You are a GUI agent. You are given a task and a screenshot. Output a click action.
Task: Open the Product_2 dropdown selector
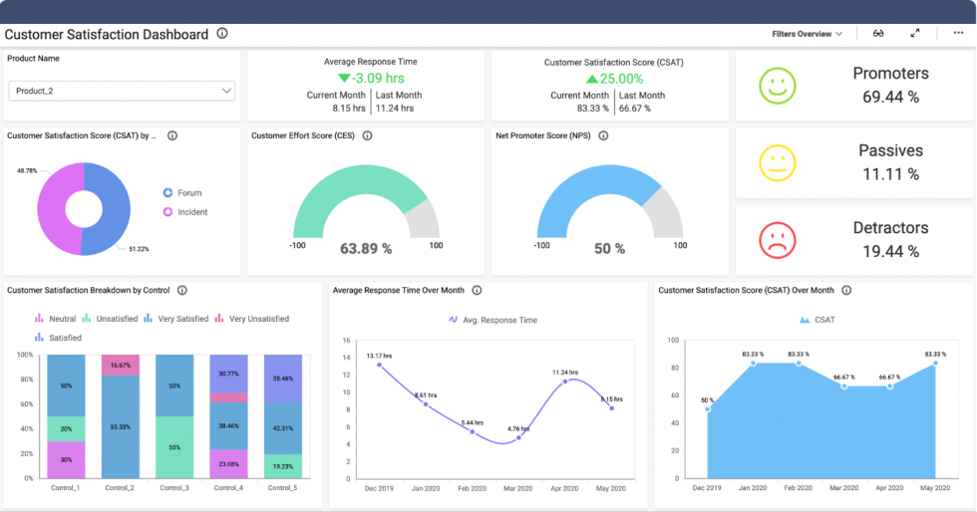[x=122, y=91]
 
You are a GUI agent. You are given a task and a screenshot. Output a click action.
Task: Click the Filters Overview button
[x=807, y=34]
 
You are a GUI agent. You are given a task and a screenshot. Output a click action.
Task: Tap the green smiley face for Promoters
[x=778, y=86]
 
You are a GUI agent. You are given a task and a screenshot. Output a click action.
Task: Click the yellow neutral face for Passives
[x=778, y=163]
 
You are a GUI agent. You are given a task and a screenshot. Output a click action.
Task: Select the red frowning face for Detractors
[x=778, y=240]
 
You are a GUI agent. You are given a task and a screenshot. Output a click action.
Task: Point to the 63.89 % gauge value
[x=366, y=248]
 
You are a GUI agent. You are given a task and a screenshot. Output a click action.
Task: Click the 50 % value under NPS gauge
[x=609, y=249]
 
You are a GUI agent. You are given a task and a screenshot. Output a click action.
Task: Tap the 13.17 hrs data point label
[x=380, y=356]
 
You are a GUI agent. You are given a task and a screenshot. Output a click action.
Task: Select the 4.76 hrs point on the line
[x=518, y=437]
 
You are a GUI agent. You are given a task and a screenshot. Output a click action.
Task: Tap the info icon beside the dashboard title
[x=222, y=34]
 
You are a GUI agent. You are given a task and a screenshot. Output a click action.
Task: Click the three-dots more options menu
[x=958, y=34]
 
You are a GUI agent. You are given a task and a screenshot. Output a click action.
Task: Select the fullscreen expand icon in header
[x=915, y=34]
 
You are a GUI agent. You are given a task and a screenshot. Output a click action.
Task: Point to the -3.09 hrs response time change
[x=370, y=78]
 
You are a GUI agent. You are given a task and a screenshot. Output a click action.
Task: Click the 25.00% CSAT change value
[x=614, y=78]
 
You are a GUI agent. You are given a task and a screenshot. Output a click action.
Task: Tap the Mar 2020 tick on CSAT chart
[x=844, y=487]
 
